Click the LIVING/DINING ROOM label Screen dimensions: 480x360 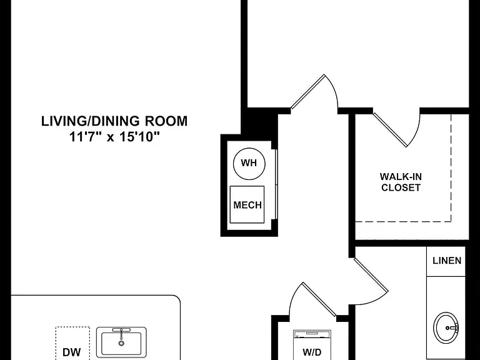pyautogui.click(x=114, y=121)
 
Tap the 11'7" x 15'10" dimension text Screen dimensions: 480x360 pyautogui.click(x=115, y=136)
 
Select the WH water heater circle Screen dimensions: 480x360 pyautogui.click(x=249, y=164)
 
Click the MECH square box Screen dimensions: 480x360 pyautogui.click(x=247, y=204)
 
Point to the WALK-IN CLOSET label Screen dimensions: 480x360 pyautogui.click(x=401, y=182)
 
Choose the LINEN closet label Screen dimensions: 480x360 pyautogui.click(x=447, y=261)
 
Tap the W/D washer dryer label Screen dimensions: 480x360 pyautogui.click(x=312, y=352)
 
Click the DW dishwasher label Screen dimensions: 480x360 pyautogui.click(x=72, y=352)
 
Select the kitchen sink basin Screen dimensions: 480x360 pyautogui.click(x=121, y=344)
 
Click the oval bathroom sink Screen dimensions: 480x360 pyautogui.click(x=446, y=328)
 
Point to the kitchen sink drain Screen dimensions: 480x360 pyautogui.click(x=121, y=344)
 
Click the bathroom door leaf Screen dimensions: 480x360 pyautogui.click(x=371, y=276)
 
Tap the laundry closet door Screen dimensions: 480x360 pyautogui.click(x=319, y=299)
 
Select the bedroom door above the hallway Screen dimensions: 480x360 pyautogui.click(x=307, y=91)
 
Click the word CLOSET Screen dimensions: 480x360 pyautogui.click(x=401, y=187)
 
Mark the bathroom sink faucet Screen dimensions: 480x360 pyautogui.click(x=452, y=328)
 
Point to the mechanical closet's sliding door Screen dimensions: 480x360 pyautogui.click(x=276, y=184)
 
